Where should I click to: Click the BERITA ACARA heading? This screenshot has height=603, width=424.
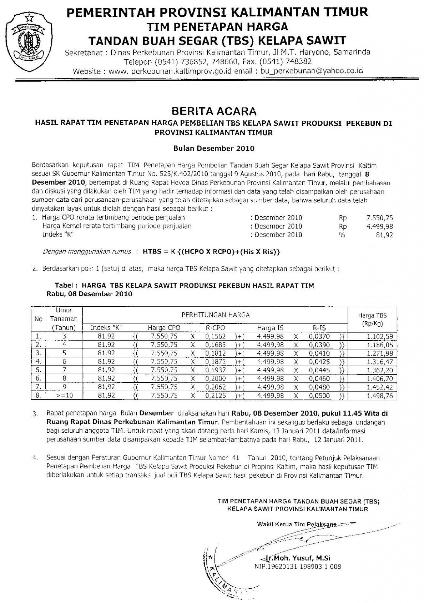click(x=214, y=112)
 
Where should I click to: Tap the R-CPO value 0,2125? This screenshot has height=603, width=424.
click(x=215, y=396)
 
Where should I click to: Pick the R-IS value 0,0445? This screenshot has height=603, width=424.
click(x=320, y=370)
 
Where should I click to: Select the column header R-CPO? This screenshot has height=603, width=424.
click(x=215, y=328)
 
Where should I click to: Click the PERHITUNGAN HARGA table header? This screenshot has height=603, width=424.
click(x=216, y=315)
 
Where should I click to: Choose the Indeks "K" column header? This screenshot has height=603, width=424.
click(x=106, y=328)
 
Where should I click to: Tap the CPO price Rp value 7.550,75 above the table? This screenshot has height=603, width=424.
click(x=380, y=218)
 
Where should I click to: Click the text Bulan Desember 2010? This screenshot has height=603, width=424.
click(x=214, y=148)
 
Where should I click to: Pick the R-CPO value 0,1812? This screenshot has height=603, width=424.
click(x=215, y=353)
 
